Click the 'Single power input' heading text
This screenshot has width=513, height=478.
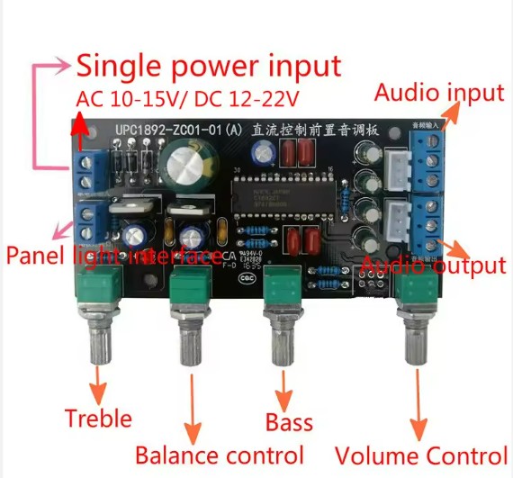[208, 66]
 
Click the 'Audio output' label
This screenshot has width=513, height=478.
[433, 266]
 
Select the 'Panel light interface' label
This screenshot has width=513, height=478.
[113, 255]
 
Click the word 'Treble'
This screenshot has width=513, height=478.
[98, 418]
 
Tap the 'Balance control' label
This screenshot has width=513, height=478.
[220, 455]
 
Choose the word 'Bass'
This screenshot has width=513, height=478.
[289, 421]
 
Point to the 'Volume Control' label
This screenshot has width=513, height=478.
[420, 455]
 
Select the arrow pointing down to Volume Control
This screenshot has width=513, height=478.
[418, 405]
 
